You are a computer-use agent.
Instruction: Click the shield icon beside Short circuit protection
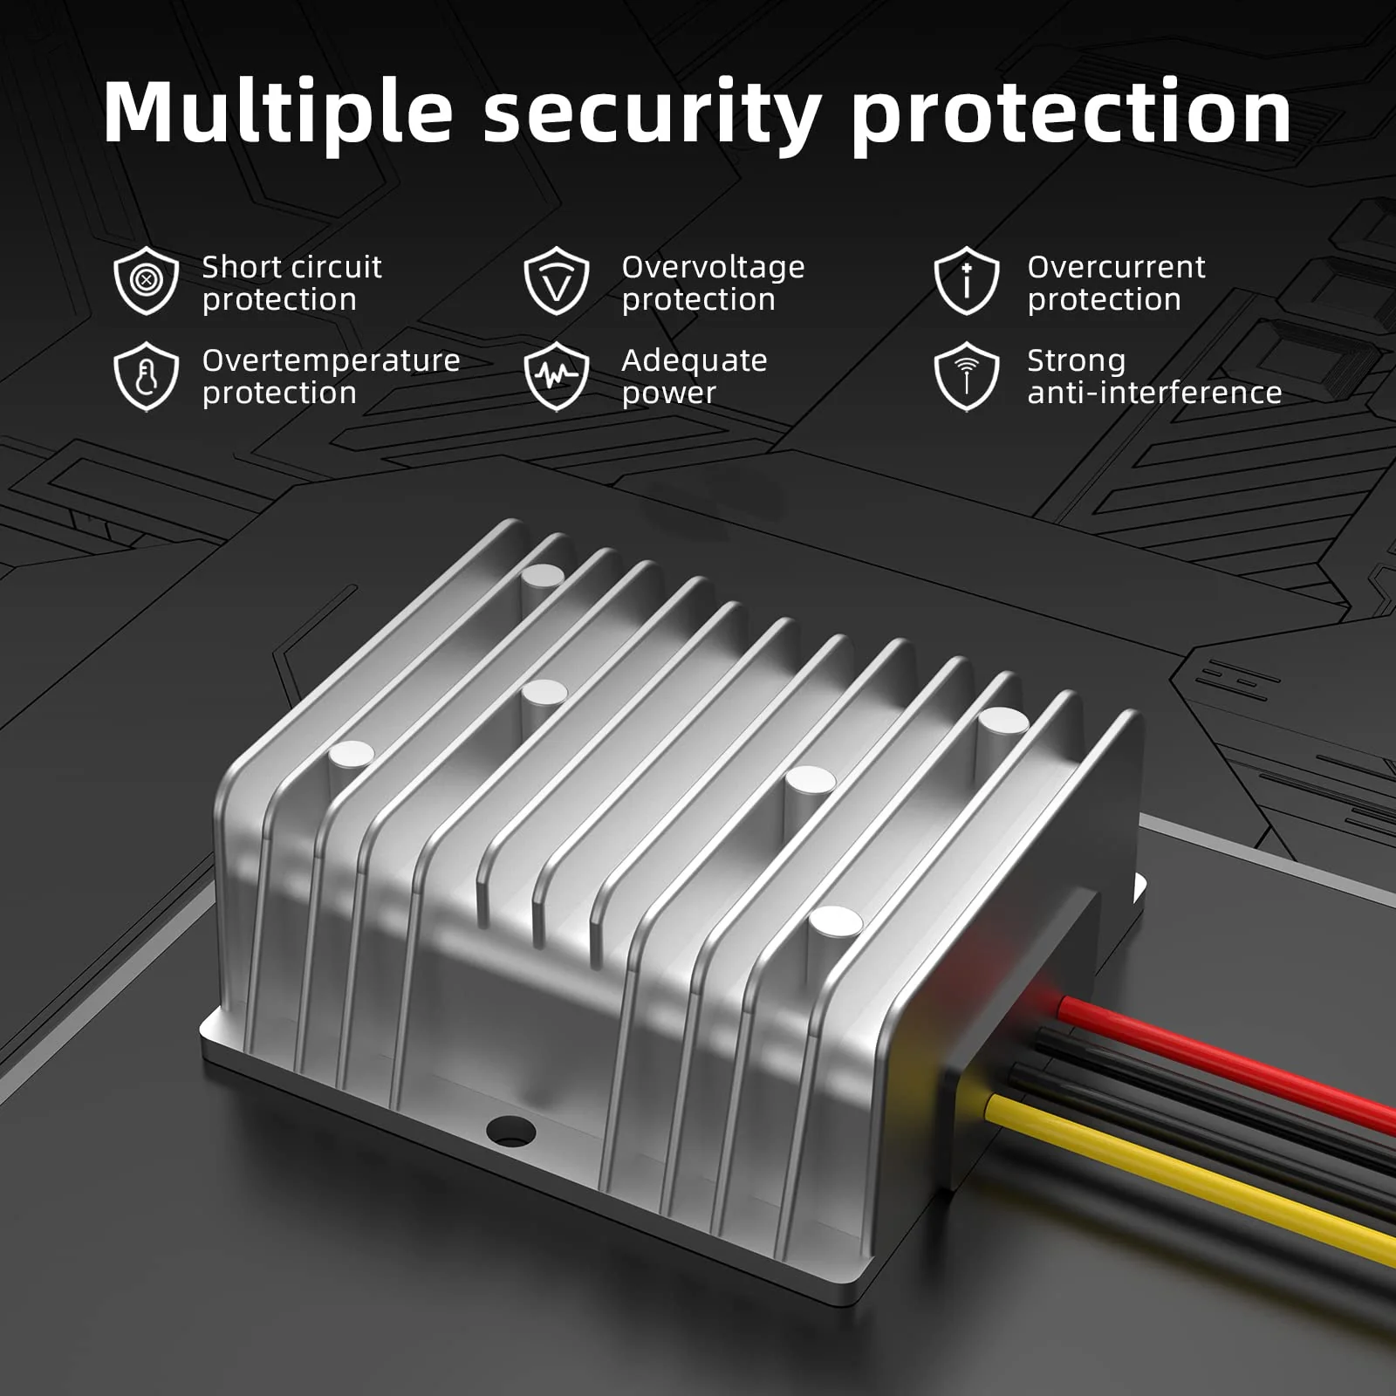[147, 280]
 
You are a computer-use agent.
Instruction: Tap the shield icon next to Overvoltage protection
[557, 280]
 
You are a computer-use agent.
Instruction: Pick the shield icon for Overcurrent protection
[966, 280]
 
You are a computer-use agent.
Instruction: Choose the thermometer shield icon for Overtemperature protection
[147, 376]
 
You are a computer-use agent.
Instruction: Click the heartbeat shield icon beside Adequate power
[557, 376]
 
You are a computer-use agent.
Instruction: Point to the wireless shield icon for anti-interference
[966, 376]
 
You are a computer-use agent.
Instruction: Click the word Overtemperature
[332, 360]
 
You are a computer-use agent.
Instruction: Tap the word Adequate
[695, 360]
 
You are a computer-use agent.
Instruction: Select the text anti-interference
[1154, 393]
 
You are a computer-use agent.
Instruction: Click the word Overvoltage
[714, 268]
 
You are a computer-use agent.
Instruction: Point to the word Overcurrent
[1117, 267]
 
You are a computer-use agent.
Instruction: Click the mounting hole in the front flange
[510, 1132]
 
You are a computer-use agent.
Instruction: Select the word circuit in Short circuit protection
[336, 267]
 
